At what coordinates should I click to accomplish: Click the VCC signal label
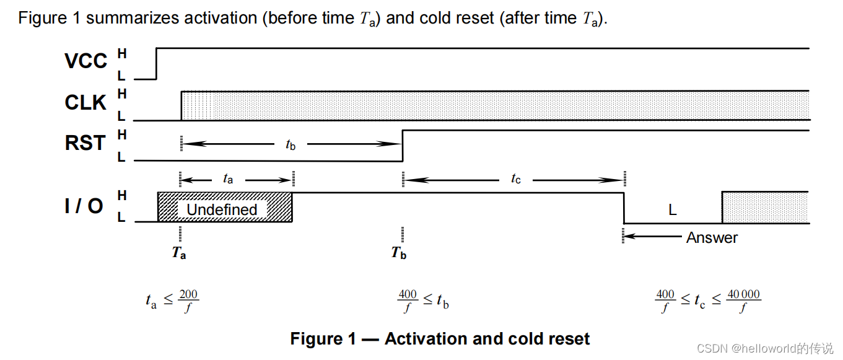pos(85,61)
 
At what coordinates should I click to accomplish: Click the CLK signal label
pos(85,102)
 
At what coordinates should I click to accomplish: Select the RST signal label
pos(85,143)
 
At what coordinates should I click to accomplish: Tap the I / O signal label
pos(84,206)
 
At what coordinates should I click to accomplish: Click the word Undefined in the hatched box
pos(222,209)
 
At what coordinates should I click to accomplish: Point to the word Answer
pos(712,237)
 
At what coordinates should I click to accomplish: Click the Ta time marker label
pos(179,253)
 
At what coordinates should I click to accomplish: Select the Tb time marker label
pos(399,253)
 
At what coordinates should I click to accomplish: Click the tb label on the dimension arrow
pos(290,144)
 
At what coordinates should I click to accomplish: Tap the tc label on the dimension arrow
pos(516,179)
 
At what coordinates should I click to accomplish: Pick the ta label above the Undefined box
pos(228,179)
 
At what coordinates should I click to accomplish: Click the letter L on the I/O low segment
pos(672,210)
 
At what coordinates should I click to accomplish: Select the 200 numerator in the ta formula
pos(188,295)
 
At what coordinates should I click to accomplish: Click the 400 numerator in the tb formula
pos(407,295)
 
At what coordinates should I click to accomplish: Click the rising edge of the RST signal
pos(403,145)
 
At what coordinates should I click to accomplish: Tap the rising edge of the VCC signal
pos(156,63)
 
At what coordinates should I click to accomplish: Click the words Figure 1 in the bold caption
pos(323,339)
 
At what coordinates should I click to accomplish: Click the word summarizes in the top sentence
pos(132,18)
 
